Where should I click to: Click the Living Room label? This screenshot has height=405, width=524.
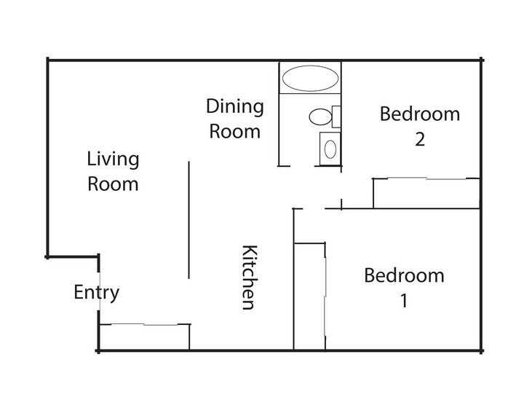coord(113,171)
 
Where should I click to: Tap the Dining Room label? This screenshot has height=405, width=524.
coord(235,119)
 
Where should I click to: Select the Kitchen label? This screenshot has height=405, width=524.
coord(250,278)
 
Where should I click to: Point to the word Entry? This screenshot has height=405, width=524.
coord(96,293)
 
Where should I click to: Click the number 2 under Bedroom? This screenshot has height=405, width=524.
coord(420,139)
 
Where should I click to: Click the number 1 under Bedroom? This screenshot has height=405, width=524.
coord(405,301)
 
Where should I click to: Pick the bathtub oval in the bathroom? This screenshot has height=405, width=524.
coord(311,78)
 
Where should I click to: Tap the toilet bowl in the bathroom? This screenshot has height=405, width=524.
coord(320,117)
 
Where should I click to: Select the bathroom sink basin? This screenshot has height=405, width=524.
coord(330,149)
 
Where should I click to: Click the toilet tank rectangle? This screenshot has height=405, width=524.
coord(336,117)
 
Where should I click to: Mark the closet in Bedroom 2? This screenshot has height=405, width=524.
coord(426,193)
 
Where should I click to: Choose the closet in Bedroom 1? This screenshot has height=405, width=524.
coord(309,296)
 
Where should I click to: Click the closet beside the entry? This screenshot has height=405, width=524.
coord(144,337)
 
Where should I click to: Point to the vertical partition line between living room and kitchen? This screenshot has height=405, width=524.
coord(188,220)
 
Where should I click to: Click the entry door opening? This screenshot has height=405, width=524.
coord(100,291)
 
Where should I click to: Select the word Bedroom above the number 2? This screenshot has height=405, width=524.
coord(420,114)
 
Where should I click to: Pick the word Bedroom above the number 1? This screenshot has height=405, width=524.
coord(405,275)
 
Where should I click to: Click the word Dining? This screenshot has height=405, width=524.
coord(235,107)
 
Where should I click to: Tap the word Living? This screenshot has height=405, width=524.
coord(113,160)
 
